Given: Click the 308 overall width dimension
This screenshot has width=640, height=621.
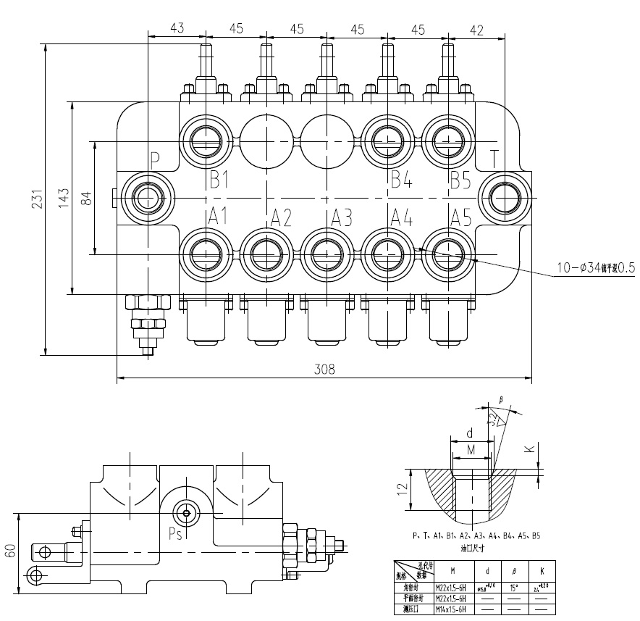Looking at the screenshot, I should click(324, 369).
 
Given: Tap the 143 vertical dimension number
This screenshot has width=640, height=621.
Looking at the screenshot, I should click(63, 198).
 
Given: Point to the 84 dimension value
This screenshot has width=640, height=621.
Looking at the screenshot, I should click(87, 198).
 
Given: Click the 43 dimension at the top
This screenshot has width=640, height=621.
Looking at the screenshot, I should click(177, 28).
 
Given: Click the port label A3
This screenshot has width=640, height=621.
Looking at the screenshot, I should click(342, 216).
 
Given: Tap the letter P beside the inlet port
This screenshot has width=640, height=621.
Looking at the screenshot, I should click(154, 160).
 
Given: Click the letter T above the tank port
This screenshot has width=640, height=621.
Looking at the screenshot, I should click(494, 159).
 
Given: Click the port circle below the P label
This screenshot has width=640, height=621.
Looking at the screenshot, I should click(148, 196).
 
